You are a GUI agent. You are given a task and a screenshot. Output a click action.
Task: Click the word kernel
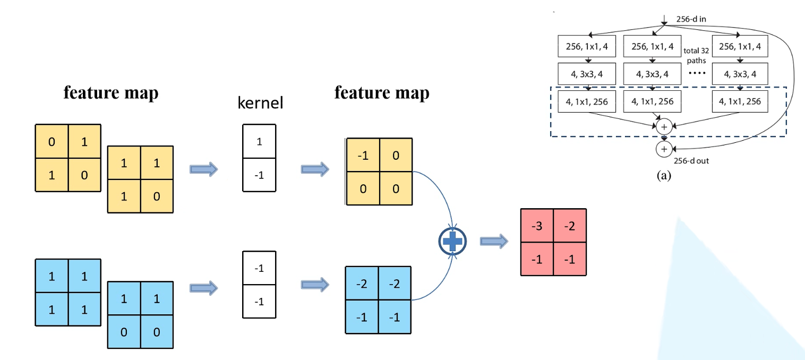coord(259,102)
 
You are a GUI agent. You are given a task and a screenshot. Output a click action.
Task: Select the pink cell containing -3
coord(537,226)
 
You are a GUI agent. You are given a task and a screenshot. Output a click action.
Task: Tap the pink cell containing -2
coord(570,226)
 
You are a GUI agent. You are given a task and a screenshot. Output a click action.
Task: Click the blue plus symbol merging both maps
coord(452,242)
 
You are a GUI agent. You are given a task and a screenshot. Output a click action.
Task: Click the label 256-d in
coord(691,19)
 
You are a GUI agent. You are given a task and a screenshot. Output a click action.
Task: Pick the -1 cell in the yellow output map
coord(363,156)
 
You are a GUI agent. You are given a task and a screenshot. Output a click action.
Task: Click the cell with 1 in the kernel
coord(259,142)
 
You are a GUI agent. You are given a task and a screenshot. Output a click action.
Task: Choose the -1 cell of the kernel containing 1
coord(259,175)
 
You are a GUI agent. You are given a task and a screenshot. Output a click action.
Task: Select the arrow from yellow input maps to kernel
coord(204,169)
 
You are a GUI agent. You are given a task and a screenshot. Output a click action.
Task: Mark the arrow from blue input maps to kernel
coord(204,288)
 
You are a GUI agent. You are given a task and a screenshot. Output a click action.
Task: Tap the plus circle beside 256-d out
coord(664,148)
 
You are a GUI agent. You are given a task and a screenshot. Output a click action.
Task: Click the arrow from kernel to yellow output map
coord(315,169)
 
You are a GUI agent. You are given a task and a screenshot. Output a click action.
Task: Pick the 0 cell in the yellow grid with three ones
coord(157,195)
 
